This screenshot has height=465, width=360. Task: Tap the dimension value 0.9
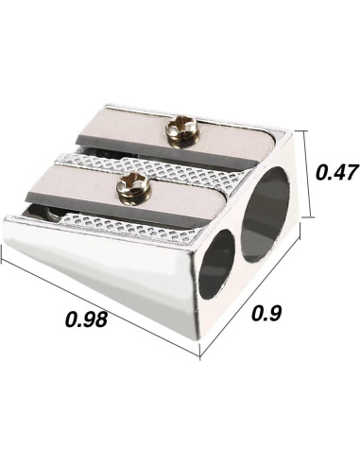[272, 337]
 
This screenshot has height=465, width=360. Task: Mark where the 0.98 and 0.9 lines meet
[200, 356]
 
